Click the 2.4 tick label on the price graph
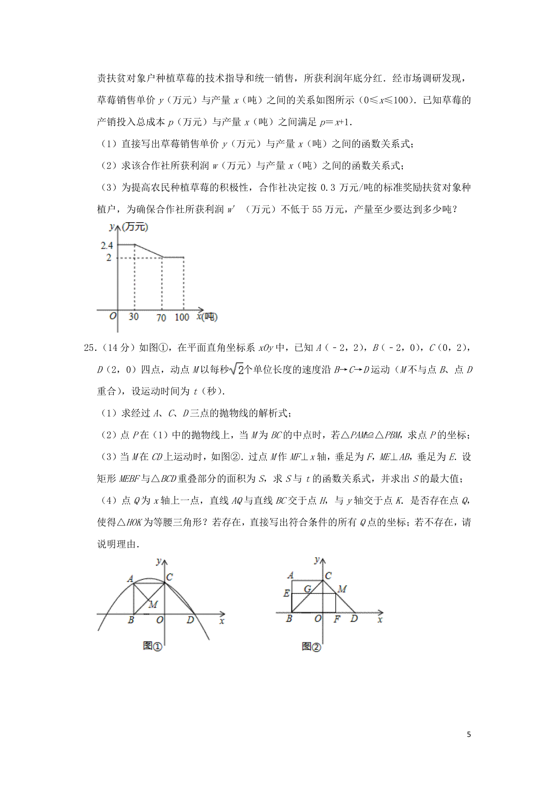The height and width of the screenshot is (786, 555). point(107,245)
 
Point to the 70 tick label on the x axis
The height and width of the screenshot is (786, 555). point(161,318)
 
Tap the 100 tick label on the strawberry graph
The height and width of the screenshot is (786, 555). point(182,317)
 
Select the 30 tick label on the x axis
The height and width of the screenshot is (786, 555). point(133,317)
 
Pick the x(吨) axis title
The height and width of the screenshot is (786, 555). point(207,317)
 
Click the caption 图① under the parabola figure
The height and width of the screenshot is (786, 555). point(152,646)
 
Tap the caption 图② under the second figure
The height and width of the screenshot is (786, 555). point(311,646)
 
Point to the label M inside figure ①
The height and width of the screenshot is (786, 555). point(153,604)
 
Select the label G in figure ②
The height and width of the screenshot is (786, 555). point(307,589)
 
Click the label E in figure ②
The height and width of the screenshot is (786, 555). point(287,593)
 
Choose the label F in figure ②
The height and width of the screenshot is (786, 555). point(337,619)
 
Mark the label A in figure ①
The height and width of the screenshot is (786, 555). point(130,579)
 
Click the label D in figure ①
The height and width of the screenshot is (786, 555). point(190,620)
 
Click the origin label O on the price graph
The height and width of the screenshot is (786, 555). point(112,317)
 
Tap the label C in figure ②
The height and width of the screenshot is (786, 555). point(328,576)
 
